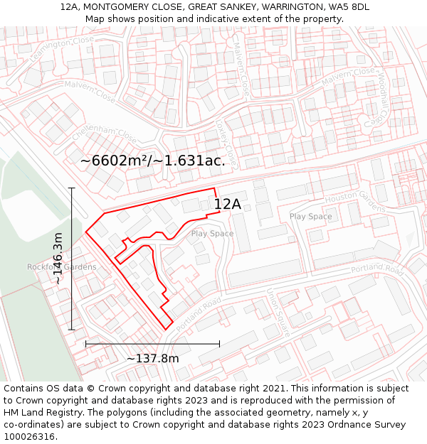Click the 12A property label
228,205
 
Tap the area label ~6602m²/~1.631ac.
152,161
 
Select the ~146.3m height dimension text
59,259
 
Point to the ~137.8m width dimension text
152,358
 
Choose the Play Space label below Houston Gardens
310,217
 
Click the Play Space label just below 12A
212,234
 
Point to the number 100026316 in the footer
28,436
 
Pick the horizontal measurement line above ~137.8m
152,344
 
